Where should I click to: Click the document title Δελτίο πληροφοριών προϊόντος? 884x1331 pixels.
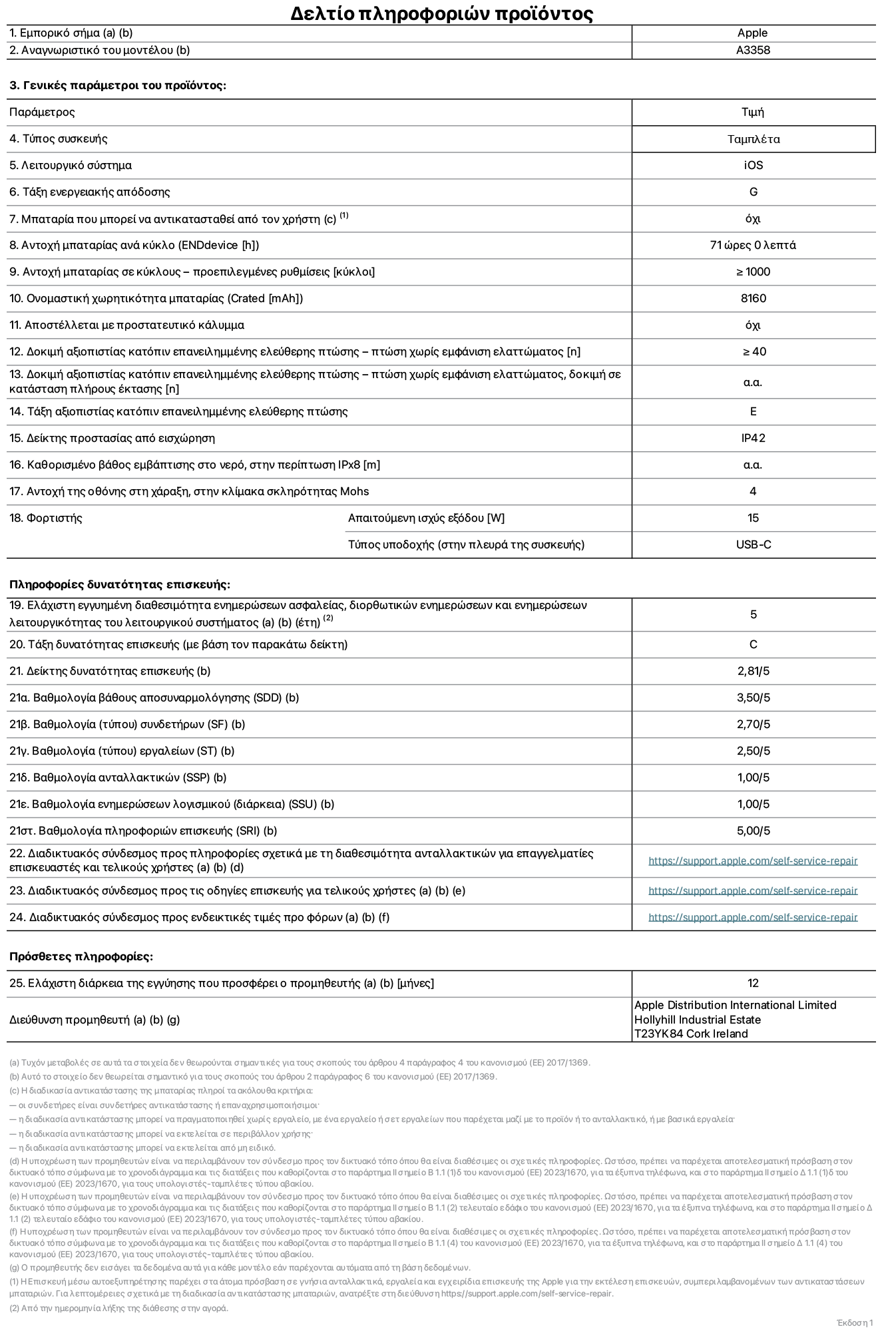click(x=441, y=13)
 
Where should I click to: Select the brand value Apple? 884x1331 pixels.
click(x=752, y=33)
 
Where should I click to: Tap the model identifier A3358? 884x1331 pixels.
click(x=753, y=51)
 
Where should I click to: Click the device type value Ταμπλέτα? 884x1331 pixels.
click(x=753, y=139)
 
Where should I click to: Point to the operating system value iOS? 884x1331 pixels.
click(x=753, y=166)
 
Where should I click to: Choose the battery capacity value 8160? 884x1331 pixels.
click(x=753, y=299)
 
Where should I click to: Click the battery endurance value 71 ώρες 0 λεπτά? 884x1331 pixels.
click(x=752, y=246)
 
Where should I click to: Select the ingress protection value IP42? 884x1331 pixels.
click(x=753, y=439)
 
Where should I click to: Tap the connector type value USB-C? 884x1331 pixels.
click(x=753, y=545)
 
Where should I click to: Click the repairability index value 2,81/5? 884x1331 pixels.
click(x=753, y=671)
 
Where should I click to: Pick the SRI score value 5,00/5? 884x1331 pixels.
click(x=753, y=831)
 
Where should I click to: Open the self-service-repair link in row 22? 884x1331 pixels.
click(x=752, y=861)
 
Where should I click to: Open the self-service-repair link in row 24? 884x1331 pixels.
click(x=752, y=918)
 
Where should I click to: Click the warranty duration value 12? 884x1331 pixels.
click(x=753, y=984)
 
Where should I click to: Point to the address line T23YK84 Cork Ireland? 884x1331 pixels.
click(x=690, y=1034)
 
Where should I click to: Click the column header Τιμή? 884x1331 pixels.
click(x=752, y=112)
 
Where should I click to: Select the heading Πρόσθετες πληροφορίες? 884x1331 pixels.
click(x=81, y=957)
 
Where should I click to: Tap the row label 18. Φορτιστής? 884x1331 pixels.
click(x=46, y=518)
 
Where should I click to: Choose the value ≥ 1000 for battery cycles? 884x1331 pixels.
click(x=753, y=272)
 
